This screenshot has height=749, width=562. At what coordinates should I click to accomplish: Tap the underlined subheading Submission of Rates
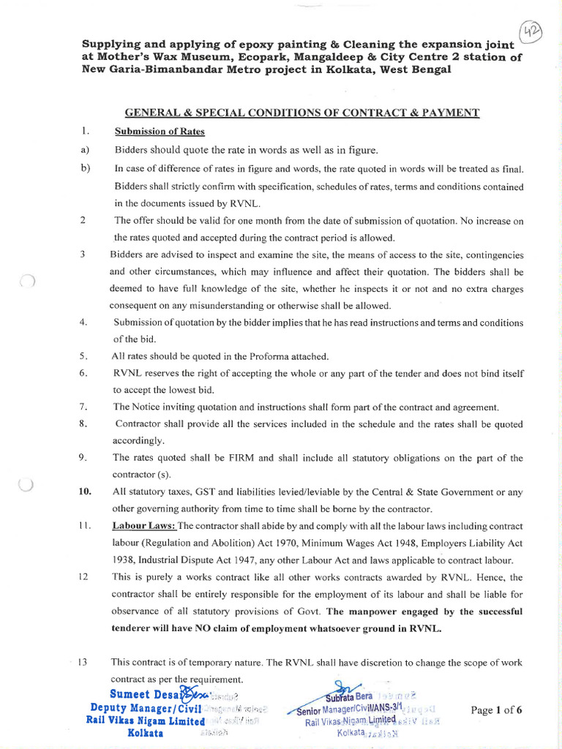coord(160,131)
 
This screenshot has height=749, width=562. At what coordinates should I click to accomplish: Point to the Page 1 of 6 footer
coord(496,710)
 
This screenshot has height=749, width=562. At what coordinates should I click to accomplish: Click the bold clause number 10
coord(85,492)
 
